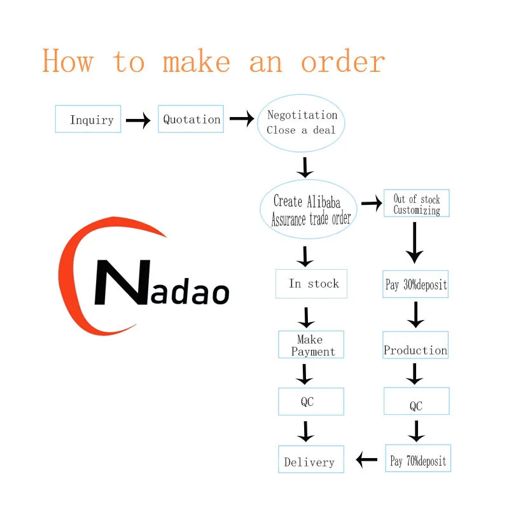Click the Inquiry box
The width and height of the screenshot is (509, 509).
pos(88,119)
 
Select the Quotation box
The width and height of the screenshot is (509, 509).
pos(191,119)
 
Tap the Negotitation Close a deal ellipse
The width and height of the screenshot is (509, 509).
pos(301,123)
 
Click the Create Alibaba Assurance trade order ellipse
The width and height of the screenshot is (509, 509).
pos(309,209)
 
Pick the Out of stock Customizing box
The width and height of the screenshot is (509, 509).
pos(417,203)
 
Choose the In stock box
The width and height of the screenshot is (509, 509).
pos(311,283)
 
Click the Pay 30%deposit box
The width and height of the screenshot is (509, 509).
pos(415,284)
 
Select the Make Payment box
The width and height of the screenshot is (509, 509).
pos(311,344)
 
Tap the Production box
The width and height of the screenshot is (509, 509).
pos(415,345)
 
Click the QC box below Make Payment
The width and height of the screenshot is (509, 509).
pos(311,401)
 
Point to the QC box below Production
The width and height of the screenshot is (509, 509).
pos(417,401)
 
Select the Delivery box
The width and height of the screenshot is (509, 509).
pos(311,459)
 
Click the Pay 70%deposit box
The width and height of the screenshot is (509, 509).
pos(418,458)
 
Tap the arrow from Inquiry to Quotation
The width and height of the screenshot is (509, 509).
pos(138,120)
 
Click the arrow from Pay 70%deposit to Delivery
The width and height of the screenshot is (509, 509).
pos(366,459)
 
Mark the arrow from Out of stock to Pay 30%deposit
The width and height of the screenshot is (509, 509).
pos(415,243)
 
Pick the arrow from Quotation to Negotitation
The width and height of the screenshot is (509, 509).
pos(242,118)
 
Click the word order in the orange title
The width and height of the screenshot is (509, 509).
pos(343,61)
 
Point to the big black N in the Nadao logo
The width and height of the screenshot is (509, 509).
pos(122,282)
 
